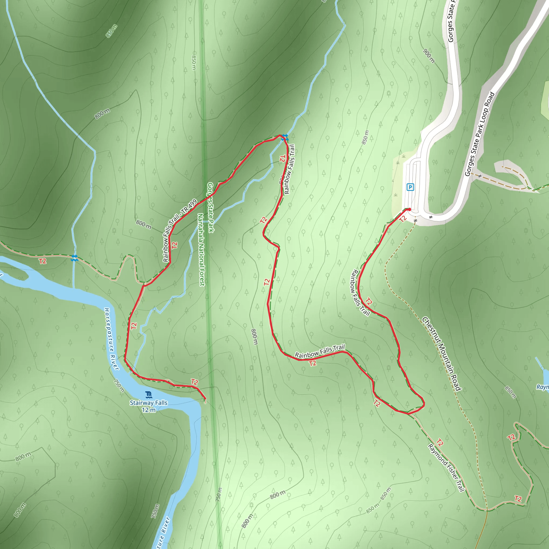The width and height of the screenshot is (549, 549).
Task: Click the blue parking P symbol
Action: pyautogui.click(x=410, y=187)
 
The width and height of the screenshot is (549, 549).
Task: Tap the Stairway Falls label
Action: pyautogui.click(x=149, y=403)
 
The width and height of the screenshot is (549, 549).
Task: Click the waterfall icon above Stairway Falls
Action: pyautogui.click(x=149, y=395)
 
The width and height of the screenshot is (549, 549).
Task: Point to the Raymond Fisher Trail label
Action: pyautogui.click(x=446, y=468)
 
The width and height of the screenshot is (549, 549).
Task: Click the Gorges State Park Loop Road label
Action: pyautogui.click(x=480, y=134)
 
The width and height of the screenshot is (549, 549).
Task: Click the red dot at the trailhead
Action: pyautogui.click(x=409, y=209)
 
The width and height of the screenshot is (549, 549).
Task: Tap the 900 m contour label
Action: pyautogui.click(x=429, y=56)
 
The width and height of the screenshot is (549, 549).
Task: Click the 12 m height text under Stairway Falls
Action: pyautogui.click(x=149, y=410)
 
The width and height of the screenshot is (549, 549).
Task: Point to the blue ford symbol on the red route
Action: pyautogui.click(x=285, y=138)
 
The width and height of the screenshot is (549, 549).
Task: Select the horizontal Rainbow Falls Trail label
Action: pyautogui.click(x=320, y=351)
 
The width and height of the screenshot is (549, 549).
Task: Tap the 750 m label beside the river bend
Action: pyautogui.click(x=119, y=385)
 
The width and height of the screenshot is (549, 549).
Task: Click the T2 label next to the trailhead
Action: pyautogui.click(x=403, y=219)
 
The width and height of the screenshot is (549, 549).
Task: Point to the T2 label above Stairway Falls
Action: pyautogui.click(x=194, y=382)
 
